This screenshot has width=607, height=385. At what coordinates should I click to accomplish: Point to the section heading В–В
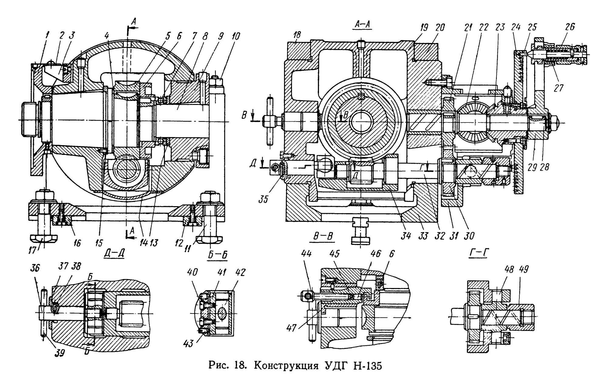tap(323, 238)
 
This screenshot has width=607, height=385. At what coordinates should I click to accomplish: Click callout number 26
tap(570, 27)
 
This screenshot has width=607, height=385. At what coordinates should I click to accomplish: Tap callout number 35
tap(263, 199)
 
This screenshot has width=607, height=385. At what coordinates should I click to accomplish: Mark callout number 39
tap(60, 353)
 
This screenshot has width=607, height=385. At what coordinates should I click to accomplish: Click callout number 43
tap(188, 344)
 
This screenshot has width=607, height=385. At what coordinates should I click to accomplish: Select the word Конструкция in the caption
tap(284, 367)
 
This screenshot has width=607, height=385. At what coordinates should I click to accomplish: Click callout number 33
tap(423, 236)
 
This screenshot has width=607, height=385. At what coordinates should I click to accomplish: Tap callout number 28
tap(545, 167)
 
